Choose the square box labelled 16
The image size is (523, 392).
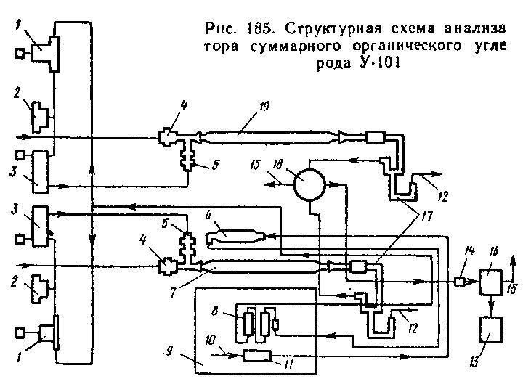pos(492,279)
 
